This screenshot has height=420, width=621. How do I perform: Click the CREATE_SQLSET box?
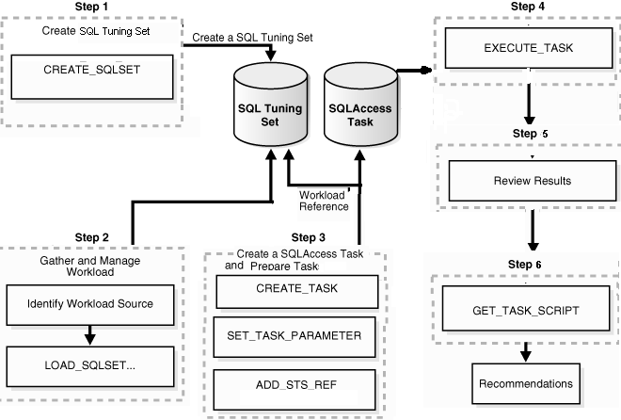pos(92,72)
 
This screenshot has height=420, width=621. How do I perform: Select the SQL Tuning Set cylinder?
pos(270,115)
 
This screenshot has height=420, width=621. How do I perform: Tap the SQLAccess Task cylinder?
pos(360,115)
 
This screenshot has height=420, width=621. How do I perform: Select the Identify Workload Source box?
pos(90,303)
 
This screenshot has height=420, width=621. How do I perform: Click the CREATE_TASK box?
pos(296,288)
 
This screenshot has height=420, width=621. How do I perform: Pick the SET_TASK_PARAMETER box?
pos(296,334)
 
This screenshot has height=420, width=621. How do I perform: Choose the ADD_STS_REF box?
pos(296,385)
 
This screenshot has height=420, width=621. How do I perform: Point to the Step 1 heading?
pos(92,8)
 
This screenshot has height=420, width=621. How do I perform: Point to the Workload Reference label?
pos(324,201)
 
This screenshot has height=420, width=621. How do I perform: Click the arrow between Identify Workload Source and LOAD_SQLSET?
pos(90,332)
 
